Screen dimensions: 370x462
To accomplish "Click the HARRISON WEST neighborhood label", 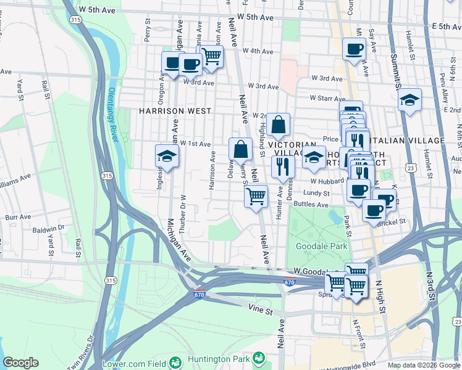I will point(166,111).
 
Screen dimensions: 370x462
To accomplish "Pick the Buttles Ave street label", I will point(311,204).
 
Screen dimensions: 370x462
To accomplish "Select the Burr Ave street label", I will point(17,218).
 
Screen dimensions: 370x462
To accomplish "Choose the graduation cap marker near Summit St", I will point(409,100).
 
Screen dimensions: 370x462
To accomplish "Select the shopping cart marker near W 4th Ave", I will point(211,56).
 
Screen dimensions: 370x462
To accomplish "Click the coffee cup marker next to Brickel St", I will point(374,210).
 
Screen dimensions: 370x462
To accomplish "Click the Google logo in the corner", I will point(21,363).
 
